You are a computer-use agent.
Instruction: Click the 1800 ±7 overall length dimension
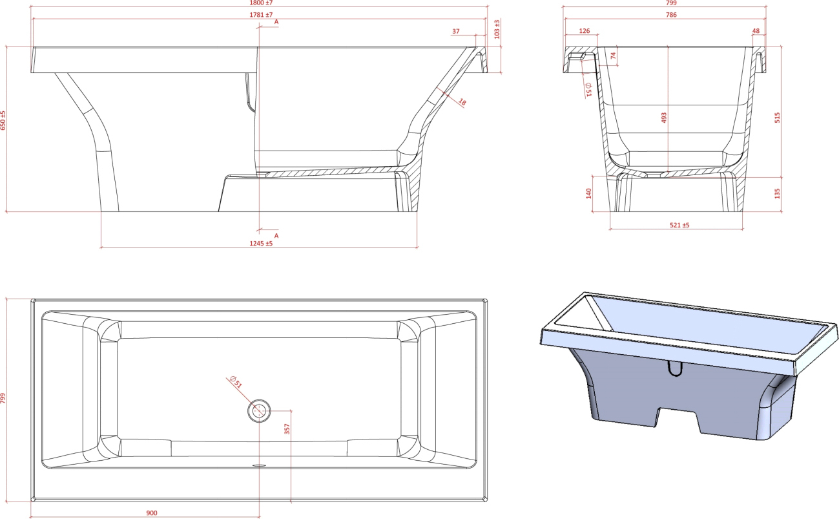click(261, 3)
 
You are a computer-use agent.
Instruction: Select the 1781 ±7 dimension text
click(261, 15)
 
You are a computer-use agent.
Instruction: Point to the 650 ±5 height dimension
click(3, 120)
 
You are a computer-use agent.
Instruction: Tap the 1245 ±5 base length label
click(261, 244)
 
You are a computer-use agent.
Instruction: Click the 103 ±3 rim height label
click(497, 29)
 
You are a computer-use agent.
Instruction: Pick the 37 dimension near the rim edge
click(456, 32)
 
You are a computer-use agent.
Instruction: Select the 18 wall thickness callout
click(462, 102)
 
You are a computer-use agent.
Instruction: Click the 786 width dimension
click(671, 15)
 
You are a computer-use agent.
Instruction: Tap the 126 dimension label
click(585, 31)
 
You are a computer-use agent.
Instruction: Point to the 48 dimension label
click(756, 31)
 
